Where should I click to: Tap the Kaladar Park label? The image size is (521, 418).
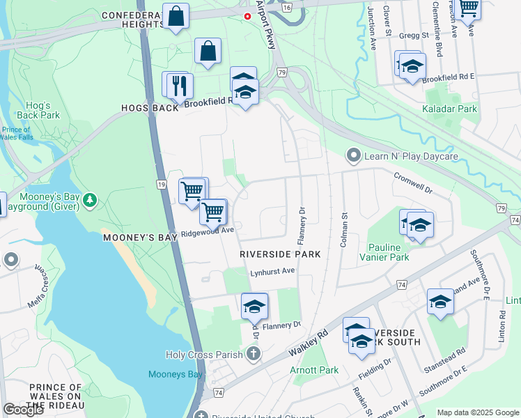449,109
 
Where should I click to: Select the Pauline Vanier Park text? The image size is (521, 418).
385,252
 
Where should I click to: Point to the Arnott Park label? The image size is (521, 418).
315,370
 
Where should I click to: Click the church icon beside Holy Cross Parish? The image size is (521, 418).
253,355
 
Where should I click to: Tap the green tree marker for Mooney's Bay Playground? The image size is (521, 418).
89,201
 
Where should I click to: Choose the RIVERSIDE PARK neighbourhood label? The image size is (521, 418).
280,254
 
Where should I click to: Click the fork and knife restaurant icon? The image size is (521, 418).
180,86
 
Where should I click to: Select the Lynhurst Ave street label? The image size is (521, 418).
273,272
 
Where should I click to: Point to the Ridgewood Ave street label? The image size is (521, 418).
207,231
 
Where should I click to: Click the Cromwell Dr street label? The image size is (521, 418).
413,183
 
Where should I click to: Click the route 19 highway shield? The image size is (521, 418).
161,185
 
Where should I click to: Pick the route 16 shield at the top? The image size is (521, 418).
287,6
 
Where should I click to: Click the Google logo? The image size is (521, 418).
24,409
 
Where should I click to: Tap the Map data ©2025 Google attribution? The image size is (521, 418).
478,412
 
